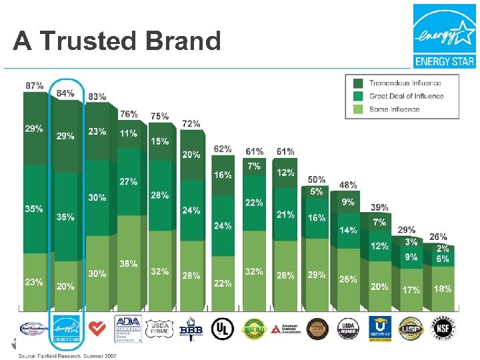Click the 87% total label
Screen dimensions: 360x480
[35, 85]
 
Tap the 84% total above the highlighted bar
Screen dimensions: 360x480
[65, 93]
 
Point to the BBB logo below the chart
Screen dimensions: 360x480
[191, 328]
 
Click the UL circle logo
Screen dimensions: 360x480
[222, 327]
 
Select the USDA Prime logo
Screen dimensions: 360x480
[159, 327]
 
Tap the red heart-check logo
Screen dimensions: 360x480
[97, 327]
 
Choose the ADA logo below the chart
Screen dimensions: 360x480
[128, 327]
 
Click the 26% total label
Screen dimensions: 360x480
[438, 237]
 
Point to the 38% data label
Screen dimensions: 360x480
[129, 263]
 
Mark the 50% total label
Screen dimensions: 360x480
[317, 179]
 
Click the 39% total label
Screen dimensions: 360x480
[379, 207]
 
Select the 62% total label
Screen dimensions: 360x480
[223, 149]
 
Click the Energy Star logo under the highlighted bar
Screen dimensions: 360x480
[66, 327]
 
